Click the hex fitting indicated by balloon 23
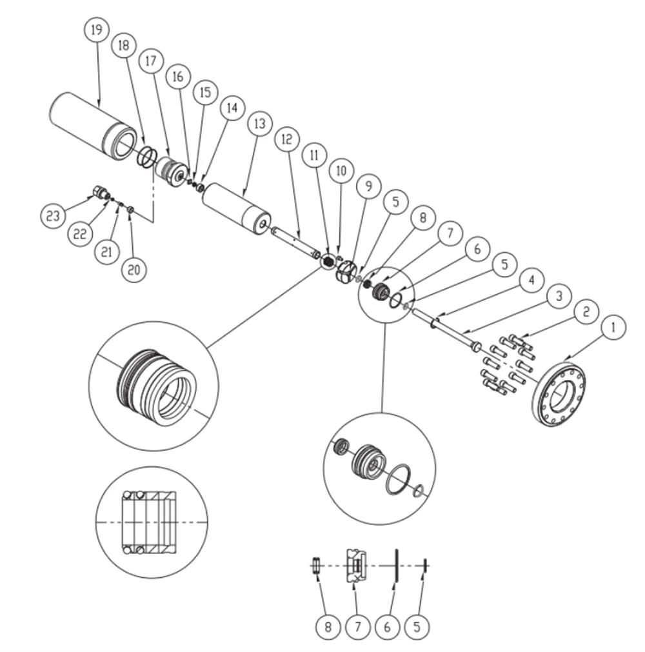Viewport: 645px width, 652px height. [x=99, y=192]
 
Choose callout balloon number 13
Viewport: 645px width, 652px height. [x=259, y=125]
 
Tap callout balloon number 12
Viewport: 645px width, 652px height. [x=287, y=139]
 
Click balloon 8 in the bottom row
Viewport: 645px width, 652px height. [x=328, y=626]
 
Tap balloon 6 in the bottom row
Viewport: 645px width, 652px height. [x=387, y=626]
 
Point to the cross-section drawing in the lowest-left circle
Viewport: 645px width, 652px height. [x=151, y=521]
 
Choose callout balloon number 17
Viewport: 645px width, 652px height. [x=151, y=62]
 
